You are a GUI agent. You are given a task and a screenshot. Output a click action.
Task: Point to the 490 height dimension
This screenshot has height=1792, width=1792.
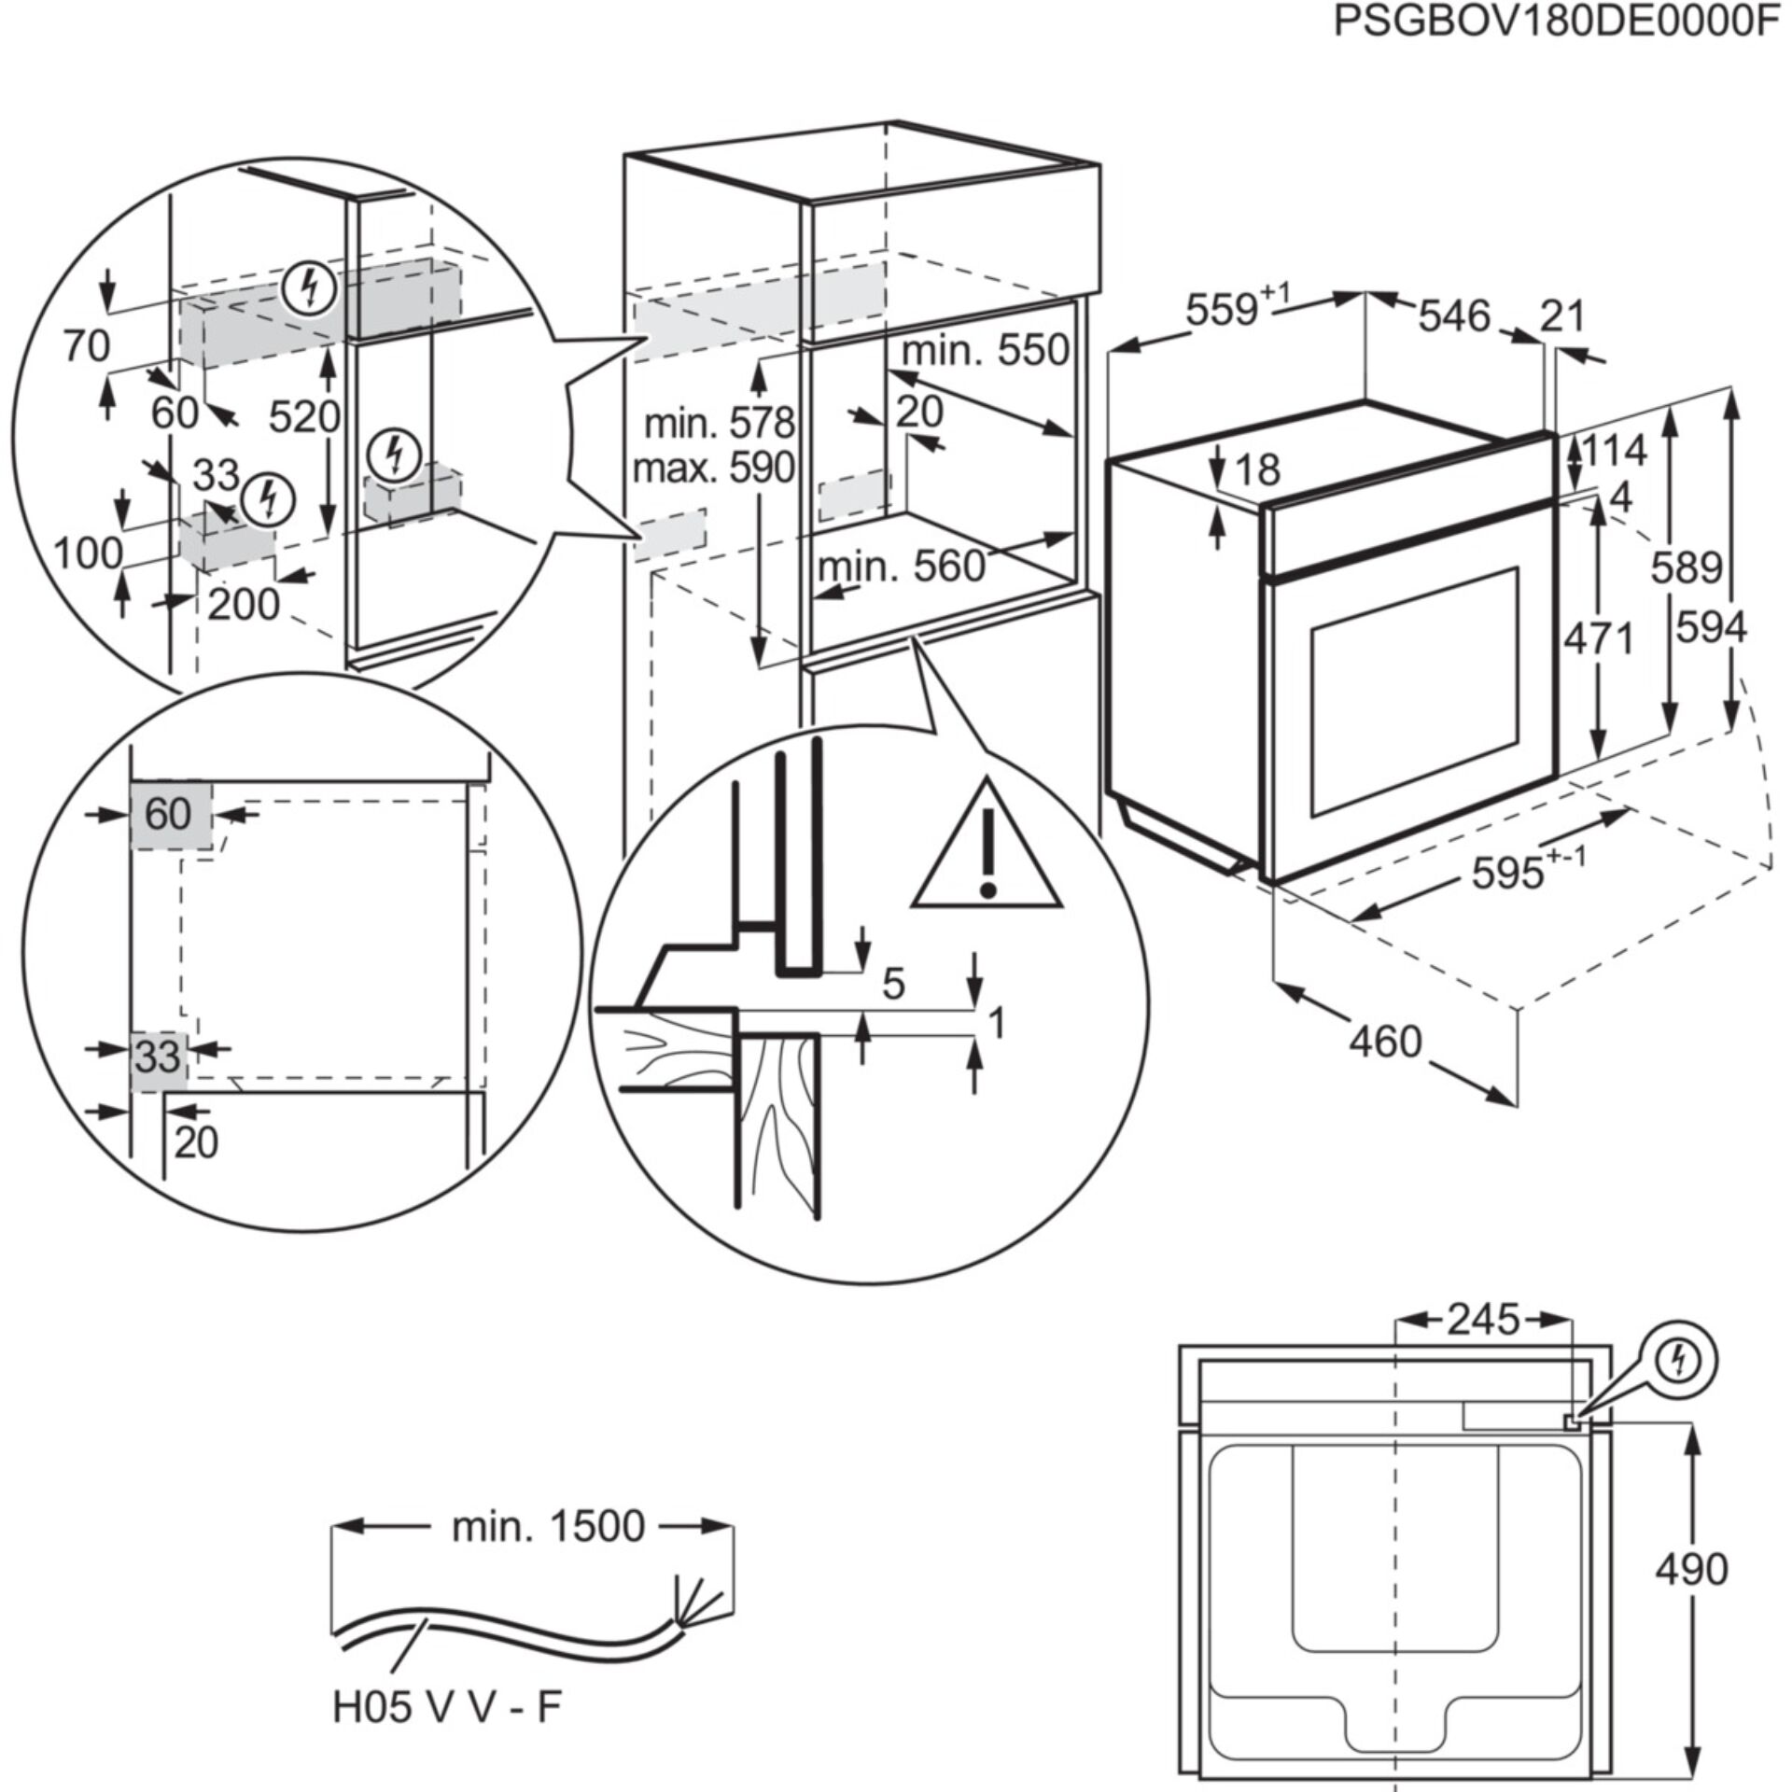[x=1692, y=1570]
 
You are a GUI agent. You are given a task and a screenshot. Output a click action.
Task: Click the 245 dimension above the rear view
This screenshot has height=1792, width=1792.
[x=1483, y=1320]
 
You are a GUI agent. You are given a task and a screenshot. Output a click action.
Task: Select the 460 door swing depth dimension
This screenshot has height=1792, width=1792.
[x=1385, y=1041]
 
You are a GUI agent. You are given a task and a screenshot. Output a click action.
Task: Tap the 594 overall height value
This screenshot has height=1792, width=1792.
[x=1711, y=627]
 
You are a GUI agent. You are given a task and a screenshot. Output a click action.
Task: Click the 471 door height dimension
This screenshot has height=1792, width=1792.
[x=1599, y=639]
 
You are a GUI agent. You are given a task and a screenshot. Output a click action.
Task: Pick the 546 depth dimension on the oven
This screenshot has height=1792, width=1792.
[x=1454, y=316]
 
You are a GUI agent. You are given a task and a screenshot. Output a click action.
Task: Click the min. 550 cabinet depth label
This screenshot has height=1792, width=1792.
[x=985, y=351]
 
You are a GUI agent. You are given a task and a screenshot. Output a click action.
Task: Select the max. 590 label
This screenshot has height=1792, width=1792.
[x=713, y=468]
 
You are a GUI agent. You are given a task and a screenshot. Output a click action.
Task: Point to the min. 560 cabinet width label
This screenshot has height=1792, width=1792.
[x=901, y=567]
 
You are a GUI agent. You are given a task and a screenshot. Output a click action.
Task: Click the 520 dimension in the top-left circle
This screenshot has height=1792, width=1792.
[x=303, y=416]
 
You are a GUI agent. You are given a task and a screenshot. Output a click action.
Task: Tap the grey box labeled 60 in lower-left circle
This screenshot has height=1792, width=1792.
[x=170, y=816]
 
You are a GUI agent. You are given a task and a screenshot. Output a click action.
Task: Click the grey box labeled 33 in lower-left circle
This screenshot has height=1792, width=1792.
[x=158, y=1058]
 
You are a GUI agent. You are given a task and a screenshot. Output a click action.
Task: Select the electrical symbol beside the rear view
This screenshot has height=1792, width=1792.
[x=1678, y=1363]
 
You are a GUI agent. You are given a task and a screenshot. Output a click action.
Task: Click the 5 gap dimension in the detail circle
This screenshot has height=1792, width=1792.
[x=893, y=984]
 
